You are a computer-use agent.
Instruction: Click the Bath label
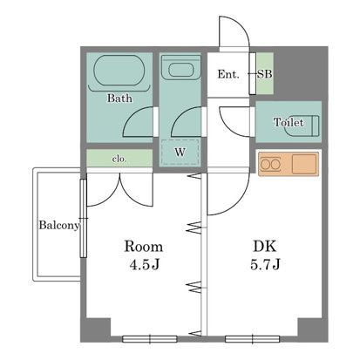click(x=119, y=98)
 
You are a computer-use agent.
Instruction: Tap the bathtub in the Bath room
click(x=119, y=71)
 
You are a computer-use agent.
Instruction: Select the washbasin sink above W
click(x=180, y=70)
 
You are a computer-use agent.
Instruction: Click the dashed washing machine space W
click(x=180, y=153)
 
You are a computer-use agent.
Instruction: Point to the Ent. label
click(x=228, y=74)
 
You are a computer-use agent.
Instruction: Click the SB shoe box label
click(x=265, y=74)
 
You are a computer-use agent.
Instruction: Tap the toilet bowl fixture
click(x=302, y=126)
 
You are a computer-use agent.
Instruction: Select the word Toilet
click(x=289, y=122)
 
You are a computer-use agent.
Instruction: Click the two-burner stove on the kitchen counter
click(x=270, y=165)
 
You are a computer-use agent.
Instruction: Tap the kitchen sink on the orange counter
click(x=304, y=164)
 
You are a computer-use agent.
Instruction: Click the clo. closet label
click(x=119, y=159)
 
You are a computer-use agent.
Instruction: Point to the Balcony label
click(x=59, y=225)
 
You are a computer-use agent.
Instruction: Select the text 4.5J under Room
click(x=145, y=264)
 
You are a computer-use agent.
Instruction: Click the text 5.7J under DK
click(x=265, y=264)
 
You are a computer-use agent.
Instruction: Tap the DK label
click(x=265, y=247)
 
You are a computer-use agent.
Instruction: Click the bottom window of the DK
click(x=252, y=339)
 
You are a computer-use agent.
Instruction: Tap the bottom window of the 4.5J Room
click(x=150, y=339)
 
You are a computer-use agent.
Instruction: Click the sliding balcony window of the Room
click(x=84, y=218)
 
